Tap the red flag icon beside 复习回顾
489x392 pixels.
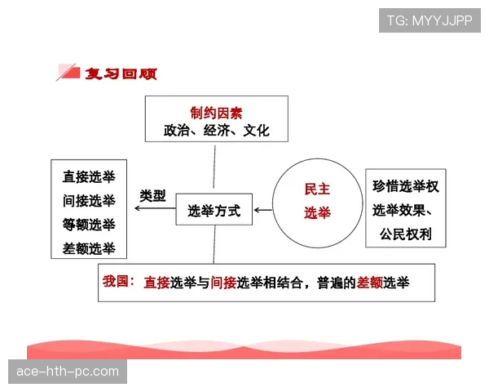click(x=68, y=73)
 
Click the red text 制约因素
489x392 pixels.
click(x=216, y=112)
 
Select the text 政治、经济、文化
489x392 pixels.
click(x=216, y=130)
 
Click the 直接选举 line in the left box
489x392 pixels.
click(x=89, y=176)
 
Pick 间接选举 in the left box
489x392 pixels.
click(x=89, y=200)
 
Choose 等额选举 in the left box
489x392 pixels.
click(x=89, y=225)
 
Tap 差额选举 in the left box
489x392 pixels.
click(x=89, y=248)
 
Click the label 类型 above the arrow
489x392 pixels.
click(x=152, y=196)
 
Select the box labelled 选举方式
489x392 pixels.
click(x=214, y=210)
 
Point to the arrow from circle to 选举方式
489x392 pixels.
click(x=263, y=211)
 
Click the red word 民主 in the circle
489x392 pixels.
click(x=317, y=189)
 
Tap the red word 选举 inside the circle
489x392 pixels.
click(x=317, y=213)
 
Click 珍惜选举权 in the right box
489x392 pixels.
click(x=405, y=186)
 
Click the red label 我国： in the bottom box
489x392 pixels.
click(x=119, y=280)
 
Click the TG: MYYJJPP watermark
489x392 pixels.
click(x=429, y=18)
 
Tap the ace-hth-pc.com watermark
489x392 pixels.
click(x=68, y=372)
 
